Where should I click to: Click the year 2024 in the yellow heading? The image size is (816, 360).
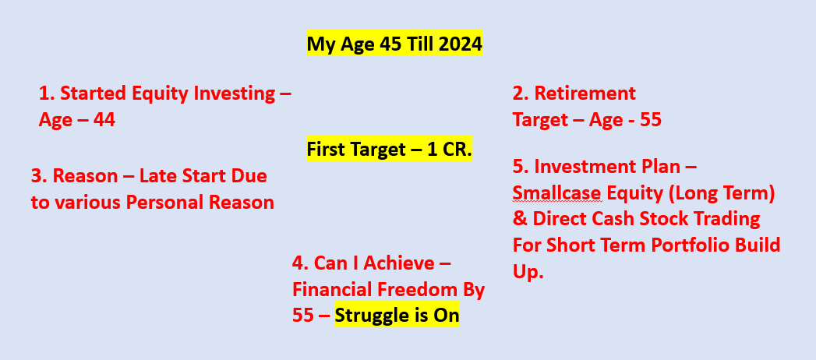coord(460,44)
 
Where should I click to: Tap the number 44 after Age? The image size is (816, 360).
coord(104,120)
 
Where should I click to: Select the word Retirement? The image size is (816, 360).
coord(585,94)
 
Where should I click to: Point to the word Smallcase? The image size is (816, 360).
coord(557,193)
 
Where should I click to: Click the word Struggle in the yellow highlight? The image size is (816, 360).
coord(369,316)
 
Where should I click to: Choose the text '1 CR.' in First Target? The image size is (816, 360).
coord(450,150)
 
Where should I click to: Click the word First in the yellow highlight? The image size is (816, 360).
coord(323,150)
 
